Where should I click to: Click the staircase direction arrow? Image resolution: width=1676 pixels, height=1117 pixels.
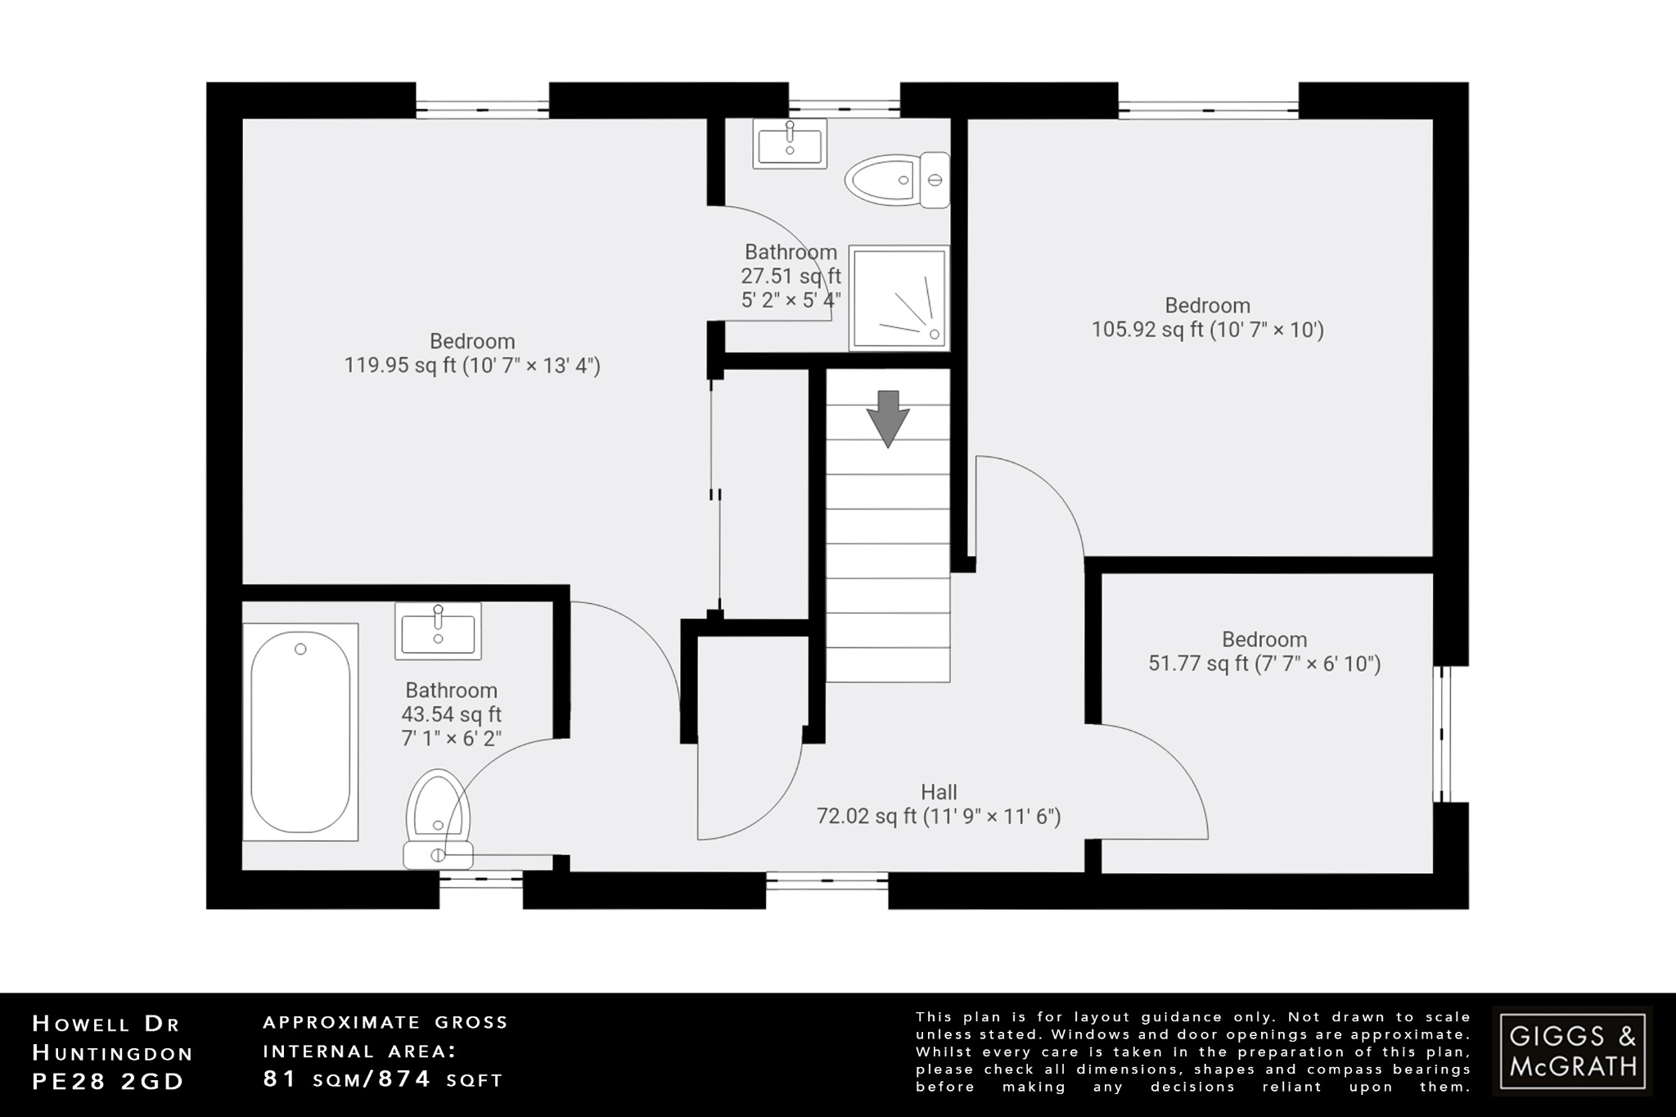point(888,418)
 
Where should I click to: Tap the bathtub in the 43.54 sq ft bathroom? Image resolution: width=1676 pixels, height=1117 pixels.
point(300,732)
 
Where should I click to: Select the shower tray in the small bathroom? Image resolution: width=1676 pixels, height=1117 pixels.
point(899,298)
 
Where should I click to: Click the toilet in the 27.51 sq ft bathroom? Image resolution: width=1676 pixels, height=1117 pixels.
point(896,180)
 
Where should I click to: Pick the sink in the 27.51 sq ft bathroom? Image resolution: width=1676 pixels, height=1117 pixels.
point(790,143)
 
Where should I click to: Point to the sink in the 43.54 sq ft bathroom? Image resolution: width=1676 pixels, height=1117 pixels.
point(438,630)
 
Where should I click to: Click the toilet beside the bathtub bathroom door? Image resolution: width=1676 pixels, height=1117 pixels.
point(439,818)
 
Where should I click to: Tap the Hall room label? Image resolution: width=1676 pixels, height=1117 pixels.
point(939,792)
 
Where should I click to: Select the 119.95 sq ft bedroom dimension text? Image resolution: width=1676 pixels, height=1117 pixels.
point(472,365)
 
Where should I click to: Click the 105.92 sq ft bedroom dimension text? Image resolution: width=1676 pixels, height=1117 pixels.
point(1207,330)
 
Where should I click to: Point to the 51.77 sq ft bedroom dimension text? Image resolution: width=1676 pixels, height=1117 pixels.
point(1264,664)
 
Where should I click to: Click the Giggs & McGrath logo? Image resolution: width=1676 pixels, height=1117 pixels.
point(1572,1051)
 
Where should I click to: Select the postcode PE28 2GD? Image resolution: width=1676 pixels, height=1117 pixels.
point(108,1081)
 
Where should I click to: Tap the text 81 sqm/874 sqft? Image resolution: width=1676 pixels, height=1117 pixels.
point(382,1079)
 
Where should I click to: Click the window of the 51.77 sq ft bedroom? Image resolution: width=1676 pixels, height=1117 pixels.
point(1445,734)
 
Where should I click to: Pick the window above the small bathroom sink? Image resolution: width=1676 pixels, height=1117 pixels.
point(844,105)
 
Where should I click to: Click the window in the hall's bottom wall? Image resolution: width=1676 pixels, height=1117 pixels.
point(827,882)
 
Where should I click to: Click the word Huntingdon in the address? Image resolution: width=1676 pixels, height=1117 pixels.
point(113,1052)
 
